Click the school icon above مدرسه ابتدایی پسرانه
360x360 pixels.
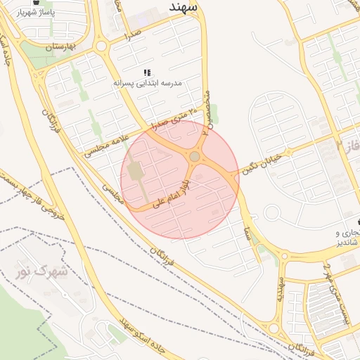click(148, 72)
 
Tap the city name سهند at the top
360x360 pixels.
click(186, 6)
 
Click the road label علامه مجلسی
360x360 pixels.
click(105, 140)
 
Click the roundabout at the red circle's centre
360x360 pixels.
click(195, 156)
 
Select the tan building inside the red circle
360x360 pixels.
click(136, 172)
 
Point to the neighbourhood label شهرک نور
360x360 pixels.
click(42, 270)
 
